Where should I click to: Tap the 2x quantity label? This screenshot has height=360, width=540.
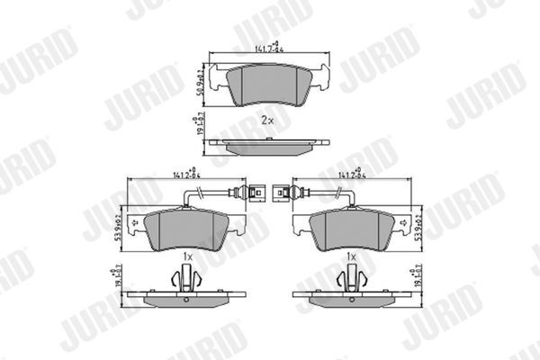[266, 119]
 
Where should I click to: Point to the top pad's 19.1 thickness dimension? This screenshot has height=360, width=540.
[199, 124]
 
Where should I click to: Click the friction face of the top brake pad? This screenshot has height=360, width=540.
[267, 85]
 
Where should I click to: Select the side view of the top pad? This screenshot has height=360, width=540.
[267, 141]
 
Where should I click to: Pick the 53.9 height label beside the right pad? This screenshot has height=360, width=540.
[418, 222]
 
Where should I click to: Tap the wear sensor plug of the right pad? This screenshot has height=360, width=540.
[283, 192]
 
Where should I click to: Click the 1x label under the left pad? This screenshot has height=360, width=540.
[187, 257]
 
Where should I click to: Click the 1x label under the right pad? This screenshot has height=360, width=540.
[353, 257]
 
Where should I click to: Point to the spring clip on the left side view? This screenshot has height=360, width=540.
[187, 281]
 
